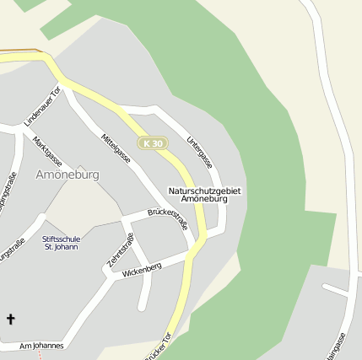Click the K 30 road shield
pos(153,143)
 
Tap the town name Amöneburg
pos(68,175)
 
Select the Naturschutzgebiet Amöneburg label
pos(204,196)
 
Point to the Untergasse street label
pos(200,151)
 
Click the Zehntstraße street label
pos(121,250)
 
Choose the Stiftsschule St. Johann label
pos(62,243)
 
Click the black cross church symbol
pos(11,319)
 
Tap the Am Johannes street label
pos(41,346)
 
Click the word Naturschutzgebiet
pos(204,191)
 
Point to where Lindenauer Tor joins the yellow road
pos(61,81)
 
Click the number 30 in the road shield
pos(158,143)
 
